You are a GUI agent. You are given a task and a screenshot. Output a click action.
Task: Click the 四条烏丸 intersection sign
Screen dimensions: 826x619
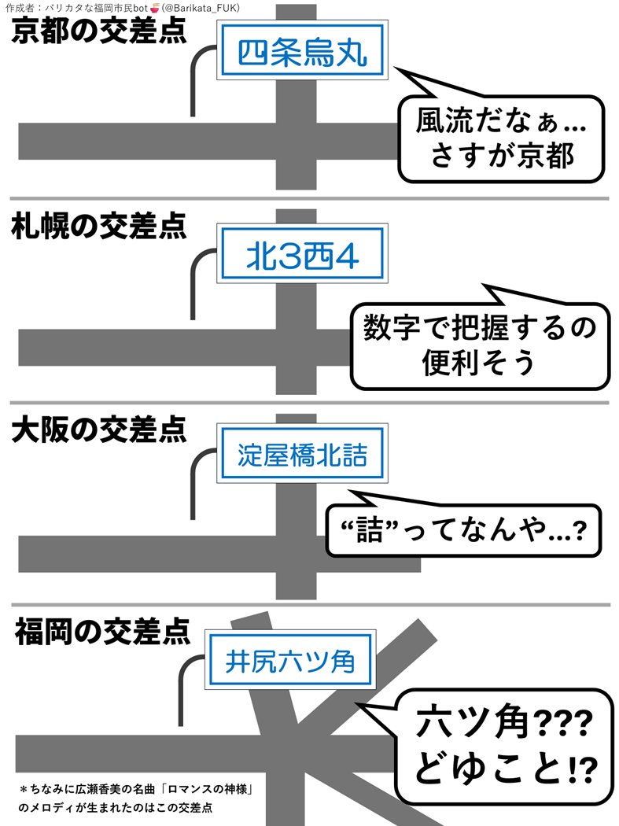click(300, 52)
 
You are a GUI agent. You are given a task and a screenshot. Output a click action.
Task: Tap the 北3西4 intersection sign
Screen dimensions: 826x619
click(302, 253)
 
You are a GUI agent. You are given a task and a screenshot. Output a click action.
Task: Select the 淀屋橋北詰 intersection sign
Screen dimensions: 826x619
click(302, 455)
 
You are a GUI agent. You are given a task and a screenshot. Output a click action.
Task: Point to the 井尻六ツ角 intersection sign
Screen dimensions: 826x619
click(290, 660)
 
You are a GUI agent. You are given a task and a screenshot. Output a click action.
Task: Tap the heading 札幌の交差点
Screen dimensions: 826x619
click(99, 227)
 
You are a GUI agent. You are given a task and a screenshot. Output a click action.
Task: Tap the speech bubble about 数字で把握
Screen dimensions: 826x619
click(480, 345)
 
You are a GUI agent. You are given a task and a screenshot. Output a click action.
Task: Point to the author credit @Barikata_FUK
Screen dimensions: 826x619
click(201, 8)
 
